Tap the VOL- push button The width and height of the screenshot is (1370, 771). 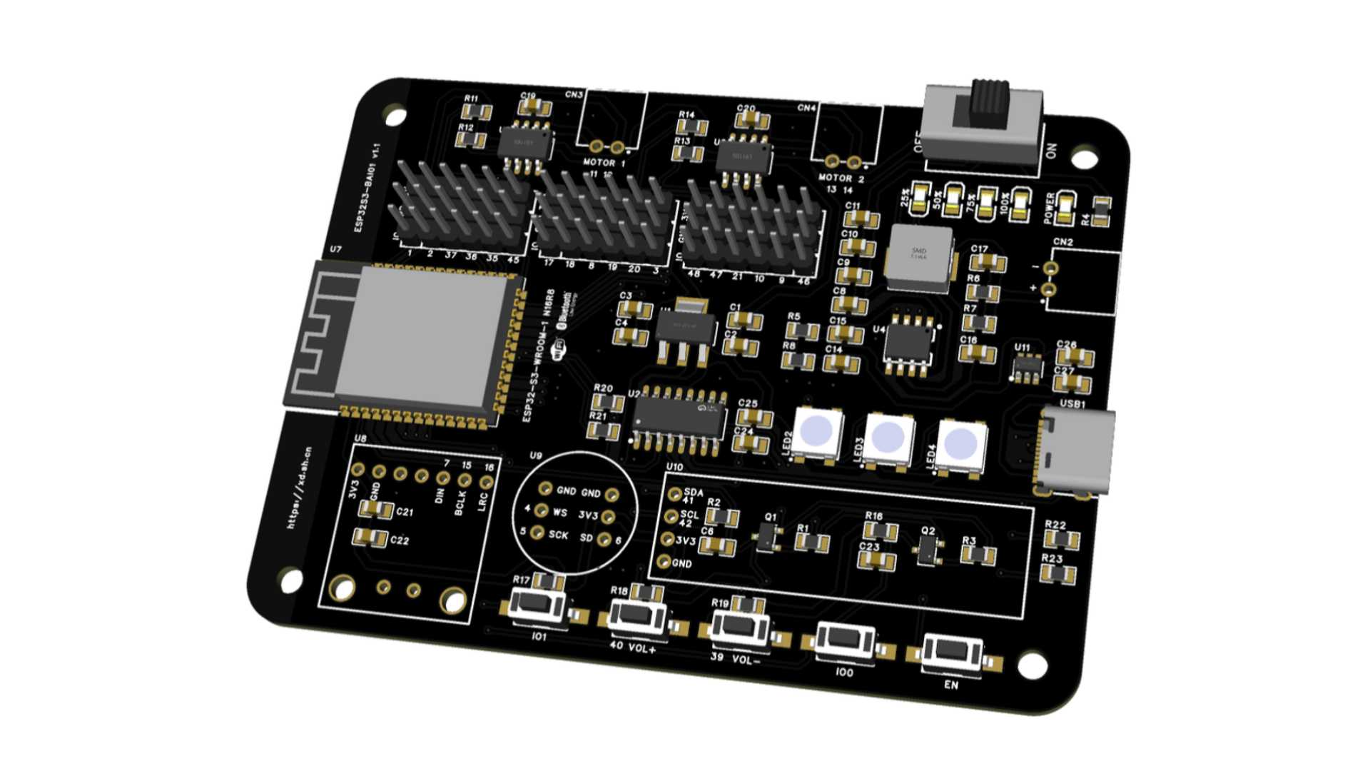tap(741, 626)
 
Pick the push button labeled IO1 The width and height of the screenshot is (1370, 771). tap(538, 605)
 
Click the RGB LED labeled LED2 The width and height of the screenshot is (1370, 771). tap(816, 431)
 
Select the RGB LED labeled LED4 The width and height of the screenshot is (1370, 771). tap(960, 444)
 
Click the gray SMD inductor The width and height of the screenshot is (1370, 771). tap(919, 258)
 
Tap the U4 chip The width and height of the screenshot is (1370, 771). tap(908, 343)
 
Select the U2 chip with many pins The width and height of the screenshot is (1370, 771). tap(678, 418)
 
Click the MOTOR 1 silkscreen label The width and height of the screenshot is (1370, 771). tap(604, 163)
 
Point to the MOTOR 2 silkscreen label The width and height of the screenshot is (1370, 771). tap(841, 178)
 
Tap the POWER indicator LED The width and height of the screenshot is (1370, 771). tap(1066, 208)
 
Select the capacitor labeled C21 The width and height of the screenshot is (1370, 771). tap(374, 510)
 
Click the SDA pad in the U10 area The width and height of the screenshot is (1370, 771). tap(674, 493)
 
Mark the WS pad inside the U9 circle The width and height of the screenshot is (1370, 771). tap(542, 510)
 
